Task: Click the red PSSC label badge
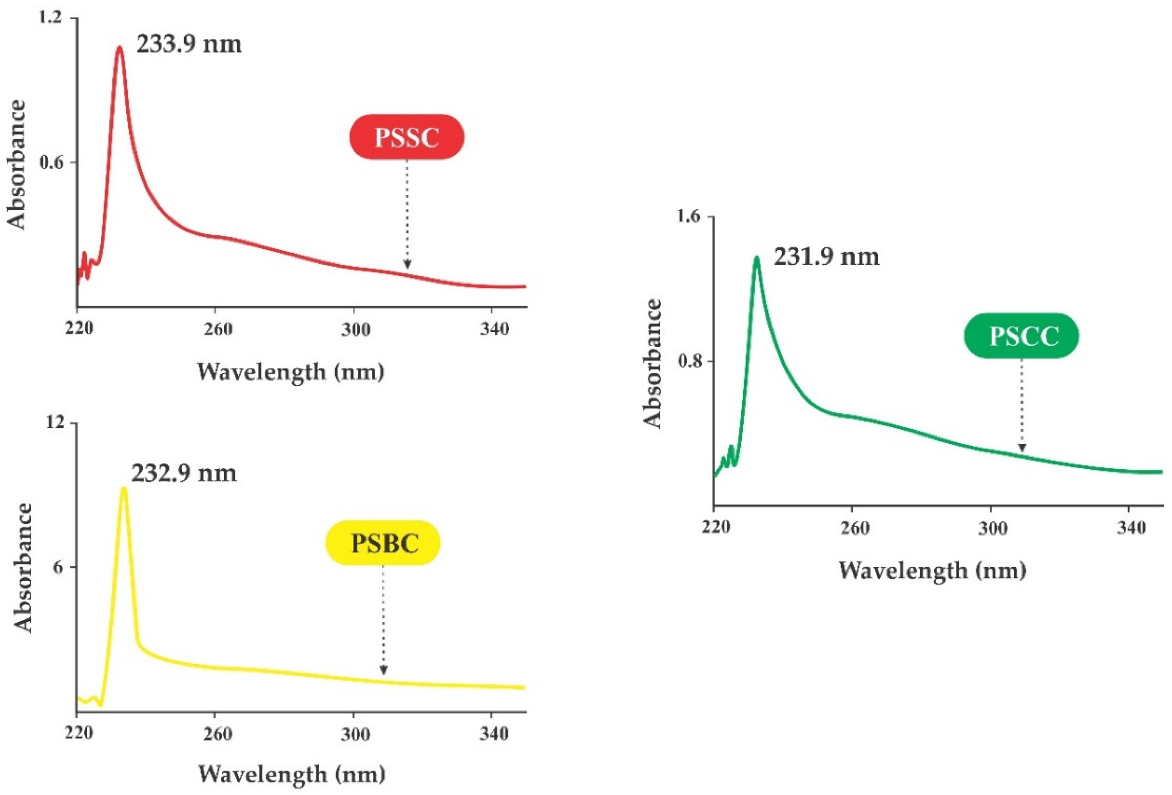[406, 137]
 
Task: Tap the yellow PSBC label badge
[383, 543]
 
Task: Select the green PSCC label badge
[1021, 336]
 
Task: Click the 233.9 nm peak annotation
[189, 44]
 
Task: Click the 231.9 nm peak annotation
[826, 257]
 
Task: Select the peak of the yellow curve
[124, 488]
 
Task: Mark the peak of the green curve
[756, 259]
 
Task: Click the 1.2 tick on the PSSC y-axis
[51, 18]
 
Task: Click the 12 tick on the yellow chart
[56, 423]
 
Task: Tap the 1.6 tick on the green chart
[689, 217]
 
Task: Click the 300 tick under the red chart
[356, 330]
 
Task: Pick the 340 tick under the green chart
[1131, 528]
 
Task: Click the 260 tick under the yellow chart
[218, 734]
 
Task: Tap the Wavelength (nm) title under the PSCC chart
[932, 571]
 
